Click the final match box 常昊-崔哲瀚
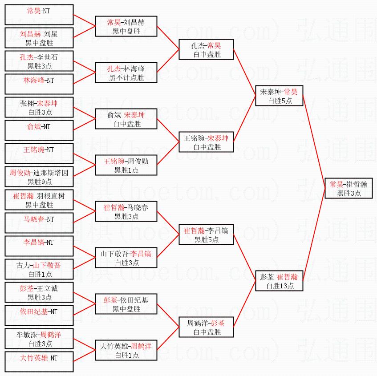(349, 188)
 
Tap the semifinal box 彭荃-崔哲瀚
(279, 281)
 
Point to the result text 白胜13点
(280, 286)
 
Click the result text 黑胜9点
(40, 181)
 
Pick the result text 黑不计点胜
(126, 77)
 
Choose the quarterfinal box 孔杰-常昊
(206, 50)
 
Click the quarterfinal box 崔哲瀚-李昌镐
(206, 234)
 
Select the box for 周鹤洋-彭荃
(206, 327)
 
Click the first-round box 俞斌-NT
(39, 130)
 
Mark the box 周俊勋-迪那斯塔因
(39, 177)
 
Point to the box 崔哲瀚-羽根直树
(39, 200)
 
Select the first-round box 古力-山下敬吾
(39, 269)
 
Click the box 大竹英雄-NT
(39, 362)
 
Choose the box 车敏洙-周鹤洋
(39, 339)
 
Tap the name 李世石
(49, 57)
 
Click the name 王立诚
(49, 288)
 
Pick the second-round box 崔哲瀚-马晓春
(126, 211)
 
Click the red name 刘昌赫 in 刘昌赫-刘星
(30, 33)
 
